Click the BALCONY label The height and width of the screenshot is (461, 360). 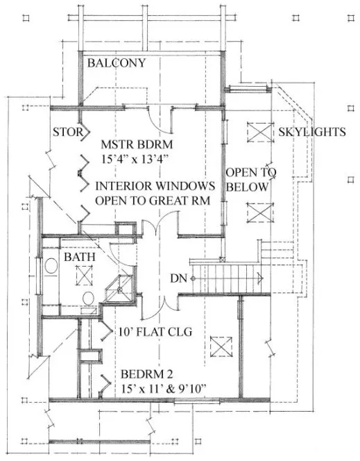tap(116, 63)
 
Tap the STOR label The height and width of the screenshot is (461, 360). tap(69, 131)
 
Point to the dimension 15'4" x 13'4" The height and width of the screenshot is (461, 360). tap(135, 160)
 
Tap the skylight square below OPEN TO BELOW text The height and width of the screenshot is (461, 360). tap(257, 210)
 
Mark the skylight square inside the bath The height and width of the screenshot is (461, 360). tap(84, 276)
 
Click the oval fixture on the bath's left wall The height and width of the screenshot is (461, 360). tap(51, 267)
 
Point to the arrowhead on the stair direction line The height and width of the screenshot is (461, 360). tap(259, 278)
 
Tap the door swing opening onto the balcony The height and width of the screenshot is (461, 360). tap(162, 120)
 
